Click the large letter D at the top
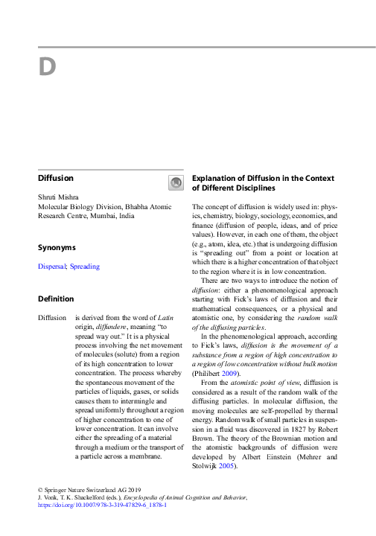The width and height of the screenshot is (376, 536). coord(47,67)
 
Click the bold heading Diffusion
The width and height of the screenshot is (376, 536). coord(56,178)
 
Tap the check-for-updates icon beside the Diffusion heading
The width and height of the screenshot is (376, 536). coord(175,182)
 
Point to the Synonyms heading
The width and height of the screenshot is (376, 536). coord(57,246)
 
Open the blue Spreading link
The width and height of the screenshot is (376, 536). coord(84,266)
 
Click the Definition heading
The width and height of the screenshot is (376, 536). coord(56,299)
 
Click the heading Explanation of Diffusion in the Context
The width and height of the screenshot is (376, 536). coord(264,179)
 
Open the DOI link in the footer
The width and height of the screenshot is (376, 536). coord(102,504)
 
